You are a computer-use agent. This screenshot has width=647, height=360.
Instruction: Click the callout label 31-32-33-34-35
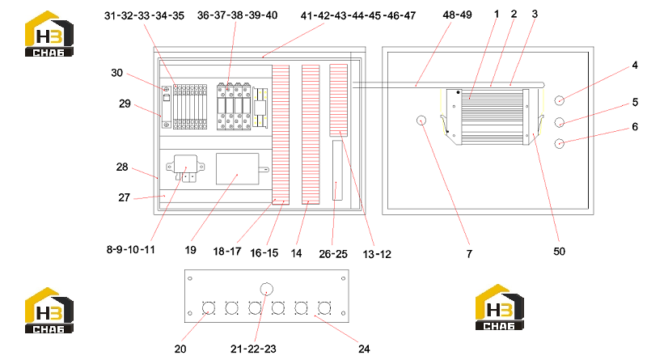point(144,15)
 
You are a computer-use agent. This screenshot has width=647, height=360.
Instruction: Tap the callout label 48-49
point(457,15)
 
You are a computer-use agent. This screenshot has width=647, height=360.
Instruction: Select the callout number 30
point(116,73)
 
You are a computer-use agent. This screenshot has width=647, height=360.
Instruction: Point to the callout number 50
point(559,252)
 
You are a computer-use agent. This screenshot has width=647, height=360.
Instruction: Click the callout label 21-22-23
point(253,349)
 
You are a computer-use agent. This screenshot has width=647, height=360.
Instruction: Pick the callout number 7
point(469,254)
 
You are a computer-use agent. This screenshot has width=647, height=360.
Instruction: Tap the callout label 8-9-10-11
point(131,250)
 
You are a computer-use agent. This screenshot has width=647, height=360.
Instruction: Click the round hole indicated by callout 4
point(559,100)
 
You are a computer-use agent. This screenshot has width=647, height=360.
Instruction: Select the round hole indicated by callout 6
point(559,144)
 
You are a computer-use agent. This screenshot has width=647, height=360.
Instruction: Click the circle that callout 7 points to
point(421,121)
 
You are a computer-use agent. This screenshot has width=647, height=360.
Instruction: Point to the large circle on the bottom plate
point(267,289)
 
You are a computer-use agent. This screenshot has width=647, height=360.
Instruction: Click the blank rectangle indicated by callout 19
point(237,169)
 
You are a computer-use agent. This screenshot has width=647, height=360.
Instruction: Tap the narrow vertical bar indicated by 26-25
point(337,170)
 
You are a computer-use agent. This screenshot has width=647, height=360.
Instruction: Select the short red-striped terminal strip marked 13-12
point(338,100)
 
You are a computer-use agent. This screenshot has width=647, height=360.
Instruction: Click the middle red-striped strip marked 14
point(311,134)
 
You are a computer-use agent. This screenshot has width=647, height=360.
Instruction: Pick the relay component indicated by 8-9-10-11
point(185,168)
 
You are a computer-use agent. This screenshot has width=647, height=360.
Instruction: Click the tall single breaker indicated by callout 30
point(167,107)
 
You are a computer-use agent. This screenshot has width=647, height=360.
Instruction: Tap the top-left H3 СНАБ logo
point(49,34)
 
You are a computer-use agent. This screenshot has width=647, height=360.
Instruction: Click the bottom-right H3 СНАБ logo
point(499,307)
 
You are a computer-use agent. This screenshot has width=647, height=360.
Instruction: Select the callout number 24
point(364,349)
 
